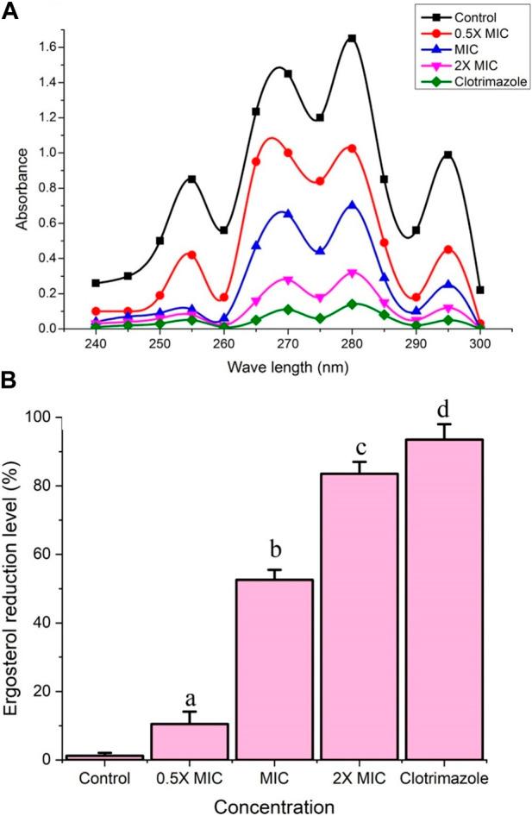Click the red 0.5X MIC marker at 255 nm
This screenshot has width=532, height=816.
tap(191, 254)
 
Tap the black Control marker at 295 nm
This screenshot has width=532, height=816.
tap(448, 155)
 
